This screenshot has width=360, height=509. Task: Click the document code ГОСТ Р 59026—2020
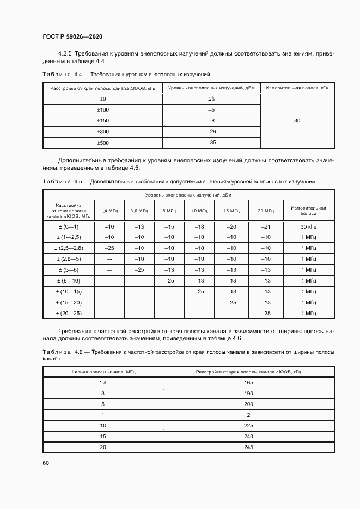click(72, 36)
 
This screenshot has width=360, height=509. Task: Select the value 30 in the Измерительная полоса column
click(297, 121)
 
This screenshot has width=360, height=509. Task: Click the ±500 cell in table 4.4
click(103, 143)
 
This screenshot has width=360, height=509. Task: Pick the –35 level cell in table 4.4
click(211, 143)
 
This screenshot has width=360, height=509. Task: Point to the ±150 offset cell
click(103, 121)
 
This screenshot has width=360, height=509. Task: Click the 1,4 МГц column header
click(109, 211)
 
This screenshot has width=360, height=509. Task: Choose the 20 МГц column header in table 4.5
click(266, 211)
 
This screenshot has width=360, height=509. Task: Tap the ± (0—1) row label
click(69, 226)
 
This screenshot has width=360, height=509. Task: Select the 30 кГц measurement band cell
click(308, 226)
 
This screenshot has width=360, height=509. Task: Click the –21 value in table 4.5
click(266, 226)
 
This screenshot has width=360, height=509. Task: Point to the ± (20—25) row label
click(69, 314)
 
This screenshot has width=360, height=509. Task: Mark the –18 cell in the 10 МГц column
click(199, 226)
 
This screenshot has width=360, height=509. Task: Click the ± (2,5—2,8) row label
click(69, 248)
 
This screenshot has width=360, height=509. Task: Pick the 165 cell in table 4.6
click(249, 382)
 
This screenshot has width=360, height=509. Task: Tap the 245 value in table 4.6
click(249, 447)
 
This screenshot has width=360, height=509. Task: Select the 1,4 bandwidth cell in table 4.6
click(102, 382)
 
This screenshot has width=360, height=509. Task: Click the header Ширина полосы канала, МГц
click(102, 371)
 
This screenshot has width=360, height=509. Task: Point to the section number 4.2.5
click(65, 54)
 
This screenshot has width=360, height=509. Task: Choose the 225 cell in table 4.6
click(249, 425)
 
